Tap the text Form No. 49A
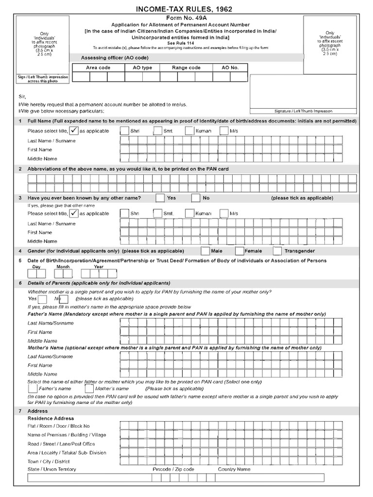pyautogui.click(x=186, y=17)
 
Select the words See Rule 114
pyautogui.click(x=186, y=42)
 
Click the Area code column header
pyautogui.click(x=98, y=67)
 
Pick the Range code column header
pyautogui.click(x=186, y=67)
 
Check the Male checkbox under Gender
pyautogui.click(x=205, y=251)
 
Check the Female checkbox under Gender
pyautogui.click(x=239, y=251)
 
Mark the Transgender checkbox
pyautogui.click(x=277, y=251)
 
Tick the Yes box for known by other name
pyautogui.click(x=160, y=198)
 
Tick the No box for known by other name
pyautogui.click(x=195, y=198)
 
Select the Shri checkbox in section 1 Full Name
pyautogui.click(x=124, y=131)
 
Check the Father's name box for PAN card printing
pyautogui.click(x=33, y=389)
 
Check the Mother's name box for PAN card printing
pyautogui.click(x=89, y=389)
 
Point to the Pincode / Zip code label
pyautogui.click(x=173, y=469)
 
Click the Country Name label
pyautogui.click(x=234, y=469)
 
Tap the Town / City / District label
pyautogui.click(x=49, y=461)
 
